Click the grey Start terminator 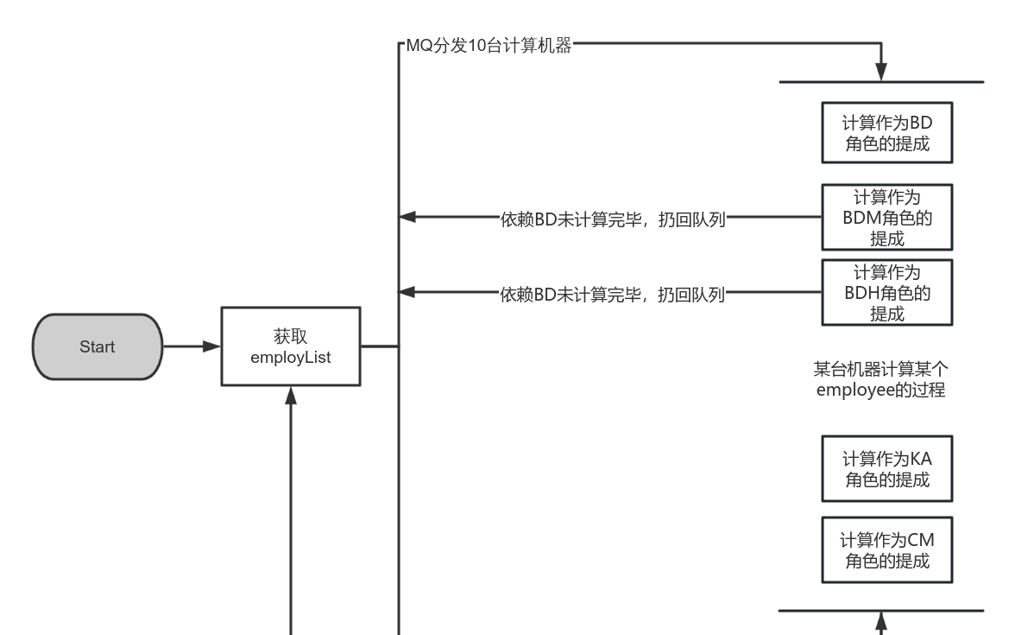click(97, 346)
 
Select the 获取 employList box click(290, 346)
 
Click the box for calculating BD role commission click(887, 132)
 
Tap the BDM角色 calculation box click(887, 218)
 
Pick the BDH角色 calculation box click(887, 293)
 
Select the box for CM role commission click(887, 550)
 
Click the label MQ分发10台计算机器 click(489, 46)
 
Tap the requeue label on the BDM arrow click(612, 218)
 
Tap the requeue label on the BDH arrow click(612, 293)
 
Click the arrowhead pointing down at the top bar click(881, 73)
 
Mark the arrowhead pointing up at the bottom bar click(881, 619)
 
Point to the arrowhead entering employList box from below click(291, 395)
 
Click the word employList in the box click(290, 355)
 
